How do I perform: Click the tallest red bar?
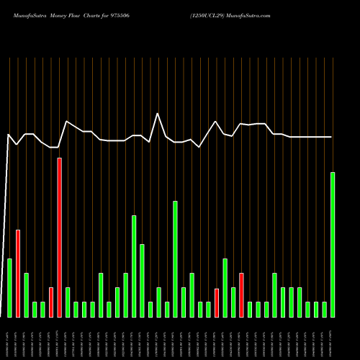[59, 238]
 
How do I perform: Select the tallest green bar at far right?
[333, 245]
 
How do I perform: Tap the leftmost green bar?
[9, 288]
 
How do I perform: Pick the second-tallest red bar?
[18, 274]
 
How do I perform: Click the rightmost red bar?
[241, 295]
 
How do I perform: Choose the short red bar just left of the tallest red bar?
[51, 302]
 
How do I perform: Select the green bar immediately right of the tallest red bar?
[68, 302]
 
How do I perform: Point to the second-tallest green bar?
[175, 259]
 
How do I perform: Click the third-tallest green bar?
[134, 266]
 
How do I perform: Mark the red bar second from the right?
[216, 302]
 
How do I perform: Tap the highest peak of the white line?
[158, 113]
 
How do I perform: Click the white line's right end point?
[332, 137]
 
